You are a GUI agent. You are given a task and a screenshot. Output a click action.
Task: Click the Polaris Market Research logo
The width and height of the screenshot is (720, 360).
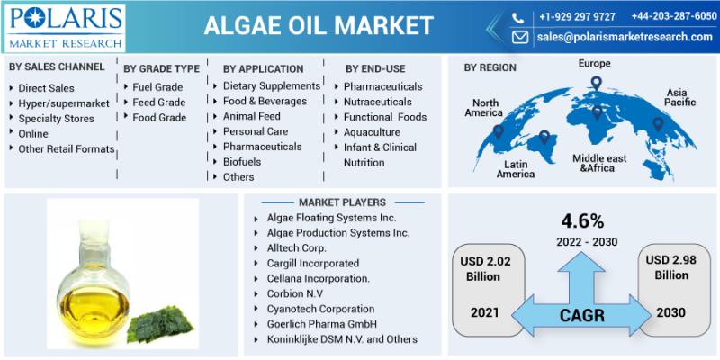tap(66, 28)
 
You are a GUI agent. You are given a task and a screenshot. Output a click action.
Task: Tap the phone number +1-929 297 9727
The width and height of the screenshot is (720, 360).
tap(577, 16)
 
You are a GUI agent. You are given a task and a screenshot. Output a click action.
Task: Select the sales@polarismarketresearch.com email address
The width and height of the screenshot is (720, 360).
tap(625, 37)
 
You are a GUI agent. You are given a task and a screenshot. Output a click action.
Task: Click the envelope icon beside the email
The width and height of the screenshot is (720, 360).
tap(520, 37)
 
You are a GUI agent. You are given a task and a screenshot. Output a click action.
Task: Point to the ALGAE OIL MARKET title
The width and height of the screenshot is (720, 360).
tap(319, 25)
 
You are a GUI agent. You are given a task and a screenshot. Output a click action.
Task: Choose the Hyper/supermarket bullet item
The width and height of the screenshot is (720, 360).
tap(64, 103)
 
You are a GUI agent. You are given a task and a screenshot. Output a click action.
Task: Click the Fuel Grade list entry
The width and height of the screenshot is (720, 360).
tap(157, 87)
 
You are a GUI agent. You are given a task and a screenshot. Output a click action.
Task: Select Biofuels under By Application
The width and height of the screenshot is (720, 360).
tap(242, 162)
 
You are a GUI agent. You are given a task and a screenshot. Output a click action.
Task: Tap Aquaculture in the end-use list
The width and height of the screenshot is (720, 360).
tap(372, 132)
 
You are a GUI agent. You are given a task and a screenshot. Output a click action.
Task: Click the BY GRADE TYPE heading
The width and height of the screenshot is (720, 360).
tap(162, 69)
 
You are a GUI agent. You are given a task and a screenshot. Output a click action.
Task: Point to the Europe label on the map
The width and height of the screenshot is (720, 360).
tap(594, 63)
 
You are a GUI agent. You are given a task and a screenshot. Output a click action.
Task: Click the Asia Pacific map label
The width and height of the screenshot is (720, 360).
tap(679, 97)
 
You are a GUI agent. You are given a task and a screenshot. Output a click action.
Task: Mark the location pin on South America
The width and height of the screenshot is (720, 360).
tap(544, 137)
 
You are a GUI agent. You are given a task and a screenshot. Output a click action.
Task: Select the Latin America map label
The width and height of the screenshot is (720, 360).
tap(516, 169)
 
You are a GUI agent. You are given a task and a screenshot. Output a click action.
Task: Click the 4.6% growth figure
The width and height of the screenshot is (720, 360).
tap(582, 221)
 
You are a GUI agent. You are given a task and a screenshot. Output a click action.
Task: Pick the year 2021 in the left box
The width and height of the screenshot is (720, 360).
tap(484, 312)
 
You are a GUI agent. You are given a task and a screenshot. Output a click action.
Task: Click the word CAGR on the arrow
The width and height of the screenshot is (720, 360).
tap(581, 315)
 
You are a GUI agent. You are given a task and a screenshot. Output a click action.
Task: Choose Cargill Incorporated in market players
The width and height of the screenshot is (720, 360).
tap(313, 264)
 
